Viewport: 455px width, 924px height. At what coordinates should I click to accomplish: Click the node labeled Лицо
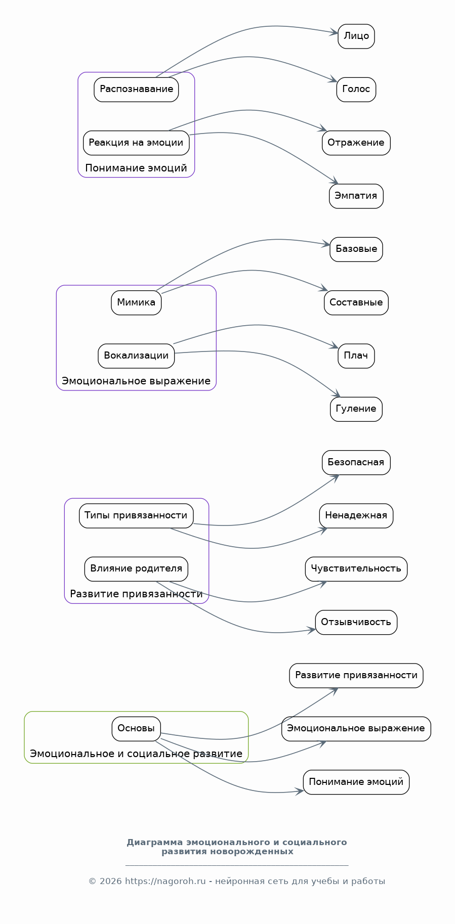pyautogui.click(x=356, y=36)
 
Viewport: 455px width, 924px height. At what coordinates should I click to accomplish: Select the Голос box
pyautogui.click(x=356, y=90)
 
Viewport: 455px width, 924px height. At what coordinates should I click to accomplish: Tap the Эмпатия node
pyautogui.click(x=356, y=196)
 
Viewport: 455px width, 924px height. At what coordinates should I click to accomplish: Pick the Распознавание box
pyautogui.click(x=136, y=90)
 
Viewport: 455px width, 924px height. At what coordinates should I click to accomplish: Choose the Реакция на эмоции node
pyautogui.click(x=136, y=143)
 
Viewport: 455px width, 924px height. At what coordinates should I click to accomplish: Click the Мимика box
pyautogui.click(x=136, y=303)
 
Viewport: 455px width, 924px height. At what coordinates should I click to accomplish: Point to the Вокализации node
pyautogui.click(x=136, y=356)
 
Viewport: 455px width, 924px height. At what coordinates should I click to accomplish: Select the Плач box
pyautogui.click(x=356, y=356)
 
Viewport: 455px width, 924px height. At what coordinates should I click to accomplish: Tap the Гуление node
pyautogui.click(x=356, y=409)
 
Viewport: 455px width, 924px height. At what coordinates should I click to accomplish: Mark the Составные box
pyautogui.click(x=356, y=303)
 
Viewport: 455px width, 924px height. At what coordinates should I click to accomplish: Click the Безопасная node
pyautogui.click(x=356, y=463)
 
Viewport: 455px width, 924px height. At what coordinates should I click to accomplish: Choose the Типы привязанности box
pyautogui.click(x=136, y=516)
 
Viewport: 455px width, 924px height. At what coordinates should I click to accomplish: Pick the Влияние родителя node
pyautogui.click(x=136, y=569)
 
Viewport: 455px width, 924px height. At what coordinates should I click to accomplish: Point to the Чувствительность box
pyautogui.click(x=356, y=569)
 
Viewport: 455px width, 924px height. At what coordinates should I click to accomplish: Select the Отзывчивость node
pyautogui.click(x=356, y=622)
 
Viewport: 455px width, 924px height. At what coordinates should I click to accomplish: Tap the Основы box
pyautogui.click(x=136, y=729)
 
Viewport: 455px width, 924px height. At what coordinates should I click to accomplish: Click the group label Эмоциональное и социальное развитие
pyautogui.click(x=136, y=754)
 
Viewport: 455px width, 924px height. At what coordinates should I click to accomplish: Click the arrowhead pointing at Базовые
pyautogui.click(x=327, y=245)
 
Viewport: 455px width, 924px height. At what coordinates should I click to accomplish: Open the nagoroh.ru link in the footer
pyautogui.click(x=165, y=882)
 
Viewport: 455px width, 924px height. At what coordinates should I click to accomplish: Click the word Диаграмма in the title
pyautogui.click(x=154, y=843)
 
